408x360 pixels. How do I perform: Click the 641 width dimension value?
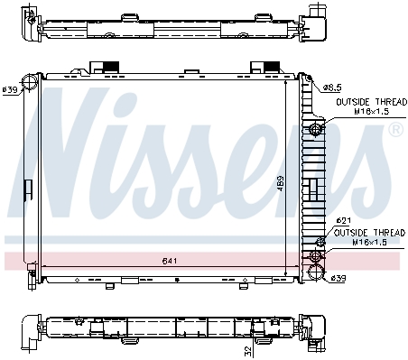(x=170, y=261)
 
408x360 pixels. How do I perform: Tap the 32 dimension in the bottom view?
(x=248, y=350)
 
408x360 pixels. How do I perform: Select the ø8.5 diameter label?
(x=332, y=88)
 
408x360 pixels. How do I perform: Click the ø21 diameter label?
(x=343, y=220)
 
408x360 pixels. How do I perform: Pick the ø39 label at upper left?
(x=10, y=89)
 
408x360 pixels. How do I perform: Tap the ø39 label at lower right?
(x=338, y=278)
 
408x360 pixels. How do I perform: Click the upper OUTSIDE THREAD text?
(x=371, y=102)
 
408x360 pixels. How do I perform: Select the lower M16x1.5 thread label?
(x=370, y=242)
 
